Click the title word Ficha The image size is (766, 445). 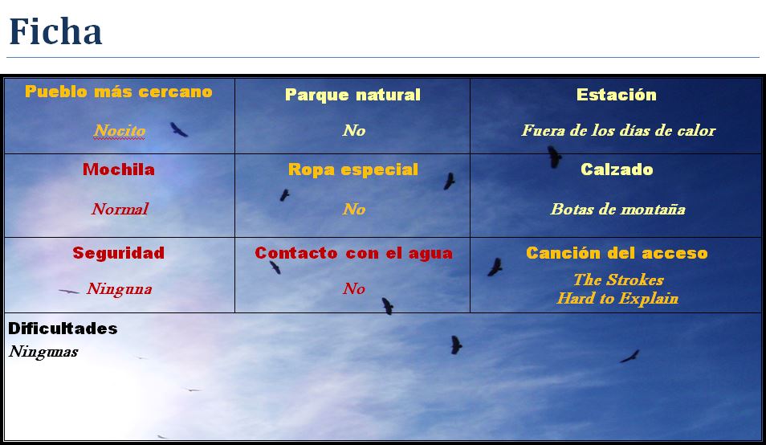[x=55, y=31]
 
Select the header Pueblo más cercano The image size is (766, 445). [x=119, y=92]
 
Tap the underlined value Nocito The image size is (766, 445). [x=120, y=130]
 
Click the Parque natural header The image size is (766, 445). [x=352, y=95]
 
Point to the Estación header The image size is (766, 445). [x=617, y=94]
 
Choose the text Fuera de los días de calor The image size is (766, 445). [x=618, y=130]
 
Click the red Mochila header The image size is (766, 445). [x=119, y=169]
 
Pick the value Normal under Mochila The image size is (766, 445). [x=120, y=209]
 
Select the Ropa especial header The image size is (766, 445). [x=353, y=169]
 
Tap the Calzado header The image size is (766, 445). [x=617, y=169]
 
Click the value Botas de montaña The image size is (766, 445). [x=618, y=209]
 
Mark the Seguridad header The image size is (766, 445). [x=119, y=253]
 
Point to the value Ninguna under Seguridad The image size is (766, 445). [x=120, y=288]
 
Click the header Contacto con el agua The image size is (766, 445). [x=353, y=253]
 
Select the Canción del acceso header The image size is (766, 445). [x=617, y=253]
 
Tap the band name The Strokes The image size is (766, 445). [x=618, y=280]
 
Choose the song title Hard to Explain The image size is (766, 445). [x=618, y=298]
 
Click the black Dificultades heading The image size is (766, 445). [x=63, y=329]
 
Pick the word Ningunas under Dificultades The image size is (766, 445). [x=43, y=352]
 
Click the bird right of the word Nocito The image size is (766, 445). [x=179, y=129]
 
